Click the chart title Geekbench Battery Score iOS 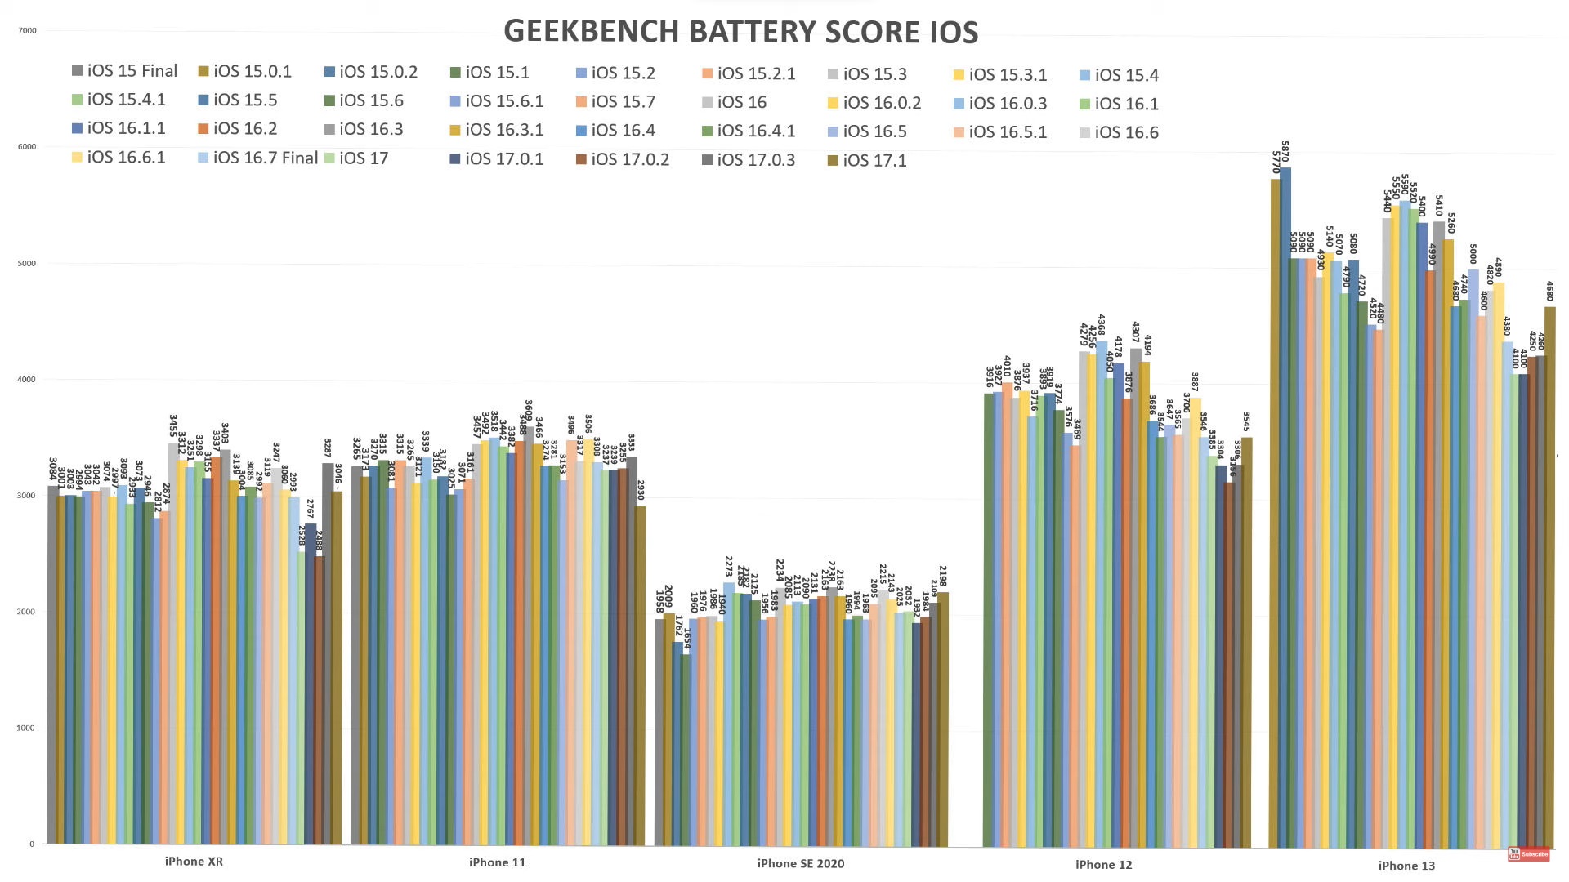tap(740, 32)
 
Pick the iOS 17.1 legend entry tap(866, 161)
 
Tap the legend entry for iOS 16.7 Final tap(257, 158)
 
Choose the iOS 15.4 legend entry tap(1119, 75)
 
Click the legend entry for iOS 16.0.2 tap(874, 103)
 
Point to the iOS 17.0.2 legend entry tap(622, 159)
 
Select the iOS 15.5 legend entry tap(237, 100)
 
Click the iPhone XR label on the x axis tap(194, 862)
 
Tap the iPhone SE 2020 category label tap(801, 863)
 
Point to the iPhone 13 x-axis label tap(1406, 866)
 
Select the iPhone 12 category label tap(1103, 865)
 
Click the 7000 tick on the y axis tap(28, 31)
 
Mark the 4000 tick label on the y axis tap(28, 380)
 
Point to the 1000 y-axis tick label tap(28, 728)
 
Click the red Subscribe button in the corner tap(1529, 854)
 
